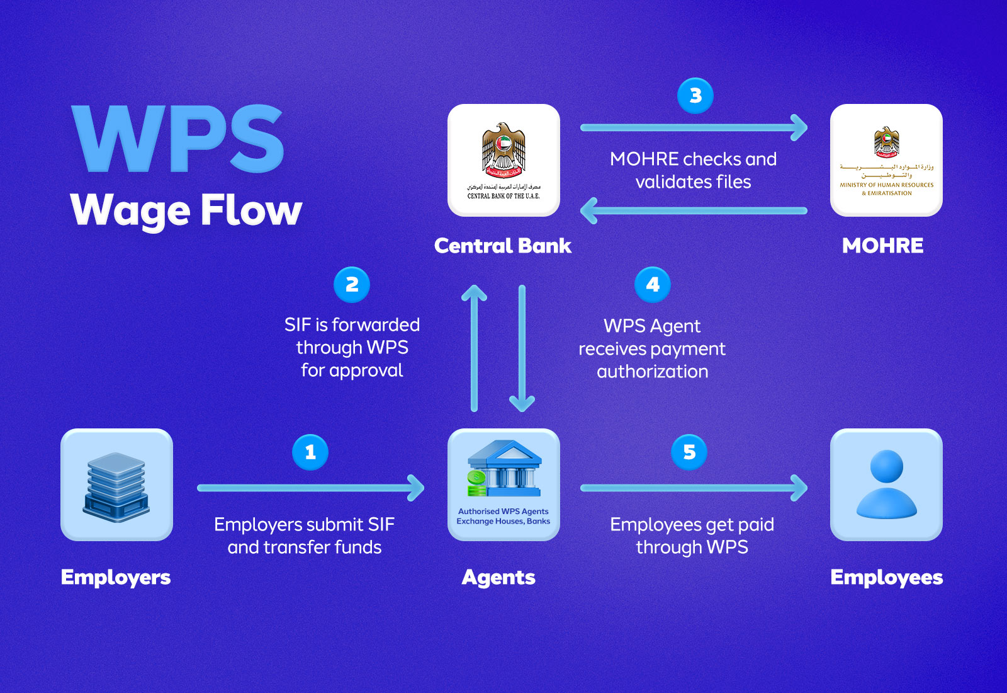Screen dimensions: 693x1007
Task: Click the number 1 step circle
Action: coord(310,452)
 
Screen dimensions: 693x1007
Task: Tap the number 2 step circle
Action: coord(352,285)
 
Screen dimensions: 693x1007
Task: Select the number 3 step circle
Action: coord(695,96)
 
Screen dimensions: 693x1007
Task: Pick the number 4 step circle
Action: coord(653,285)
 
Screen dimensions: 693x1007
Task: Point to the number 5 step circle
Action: coord(689,452)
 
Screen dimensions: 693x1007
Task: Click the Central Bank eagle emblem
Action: coord(503,150)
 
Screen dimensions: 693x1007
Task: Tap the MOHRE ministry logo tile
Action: coord(886,160)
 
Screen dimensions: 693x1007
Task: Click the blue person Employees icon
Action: coord(886,484)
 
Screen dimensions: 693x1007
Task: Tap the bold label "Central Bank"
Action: coord(503,246)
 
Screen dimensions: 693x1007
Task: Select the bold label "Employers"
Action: coord(116,577)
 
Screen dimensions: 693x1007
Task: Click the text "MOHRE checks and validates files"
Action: coord(693,170)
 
